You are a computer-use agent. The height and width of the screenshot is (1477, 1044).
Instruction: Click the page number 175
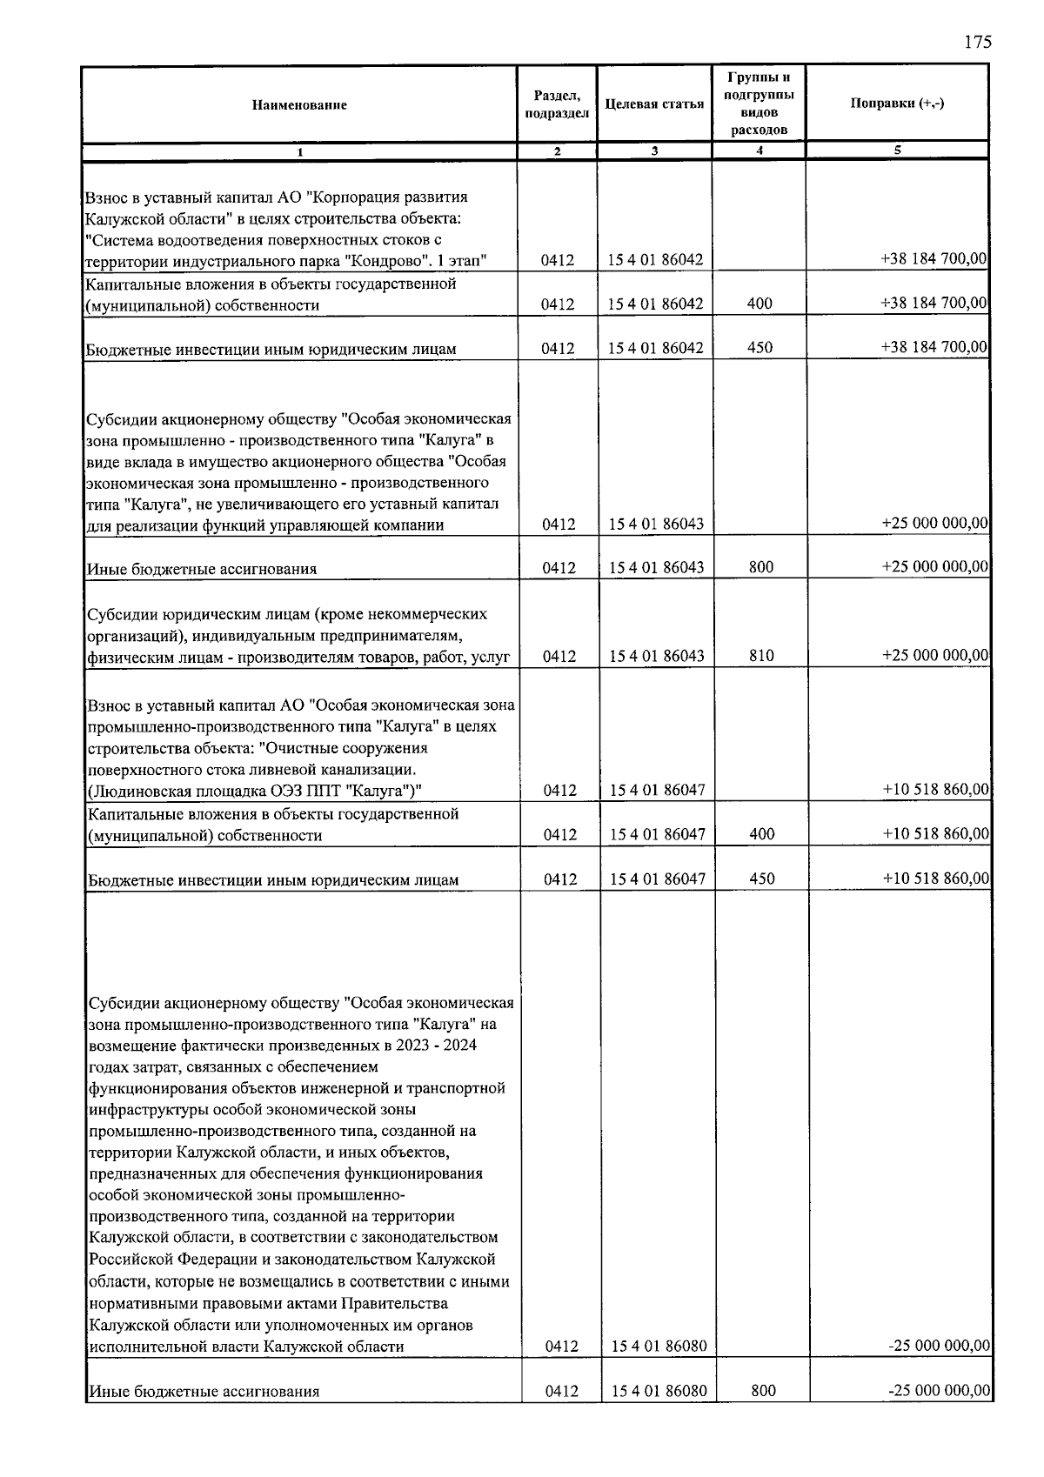click(x=978, y=43)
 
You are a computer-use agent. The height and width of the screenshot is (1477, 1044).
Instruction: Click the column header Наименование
click(x=299, y=105)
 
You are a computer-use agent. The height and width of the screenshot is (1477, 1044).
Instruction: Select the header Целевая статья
click(x=654, y=104)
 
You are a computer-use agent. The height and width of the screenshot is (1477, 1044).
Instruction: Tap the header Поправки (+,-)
click(x=897, y=104)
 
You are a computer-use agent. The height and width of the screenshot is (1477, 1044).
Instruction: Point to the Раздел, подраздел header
click(x=557, y=104)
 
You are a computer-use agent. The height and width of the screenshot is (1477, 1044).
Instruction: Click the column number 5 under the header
click(x=897, y=150)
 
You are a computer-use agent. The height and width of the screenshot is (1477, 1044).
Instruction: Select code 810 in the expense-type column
click(x=761, y=656)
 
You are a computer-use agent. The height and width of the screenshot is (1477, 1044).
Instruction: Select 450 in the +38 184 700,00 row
click(x=761, y=348)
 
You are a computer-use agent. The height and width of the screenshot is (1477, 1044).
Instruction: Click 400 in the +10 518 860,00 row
click(x=762, y=834)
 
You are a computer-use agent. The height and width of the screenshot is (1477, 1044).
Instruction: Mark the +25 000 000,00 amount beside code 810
click(x=934, y=655)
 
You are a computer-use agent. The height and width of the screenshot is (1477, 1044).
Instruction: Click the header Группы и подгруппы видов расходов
click(x=760, y=104)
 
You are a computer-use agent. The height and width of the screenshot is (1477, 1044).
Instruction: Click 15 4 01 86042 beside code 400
click(x=656, y=304)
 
